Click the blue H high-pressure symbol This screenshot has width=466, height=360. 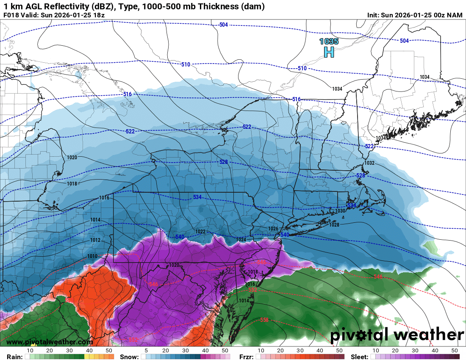pos(329,52)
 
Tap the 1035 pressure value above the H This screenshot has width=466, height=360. pos(329,42)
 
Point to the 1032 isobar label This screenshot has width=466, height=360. pos(369,163)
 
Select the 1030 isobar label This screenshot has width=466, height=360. pos(340,211)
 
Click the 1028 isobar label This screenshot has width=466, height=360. pos(334,224)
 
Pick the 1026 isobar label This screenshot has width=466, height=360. pos(273,229)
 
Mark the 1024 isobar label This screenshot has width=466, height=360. pos(241,240)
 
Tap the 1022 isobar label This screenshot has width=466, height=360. pos(200,232)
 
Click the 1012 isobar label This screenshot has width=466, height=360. pos(95,240)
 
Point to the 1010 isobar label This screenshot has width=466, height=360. pos(92,256)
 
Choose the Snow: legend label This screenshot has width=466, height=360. pos(129,357)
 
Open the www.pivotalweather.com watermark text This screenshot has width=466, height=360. pos(50,342)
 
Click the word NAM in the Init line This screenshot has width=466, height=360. pos(455,15)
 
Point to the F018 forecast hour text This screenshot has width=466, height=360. pos(11,15)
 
